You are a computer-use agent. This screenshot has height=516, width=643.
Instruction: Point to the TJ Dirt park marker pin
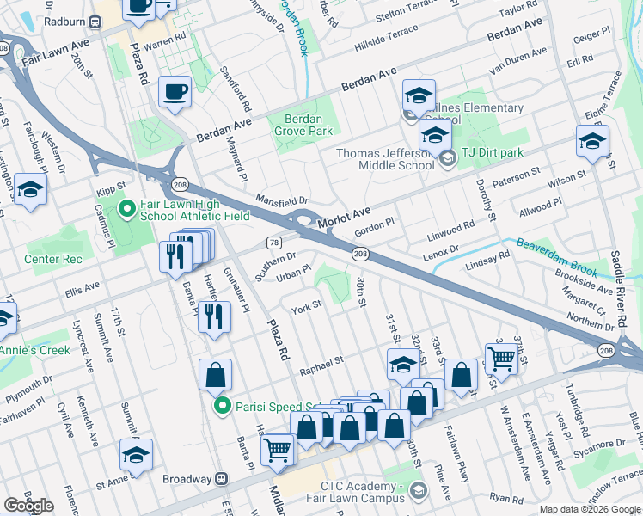447,158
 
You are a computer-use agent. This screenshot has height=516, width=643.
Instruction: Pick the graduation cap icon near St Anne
136,455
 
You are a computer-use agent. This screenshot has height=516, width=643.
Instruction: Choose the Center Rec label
52,258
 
